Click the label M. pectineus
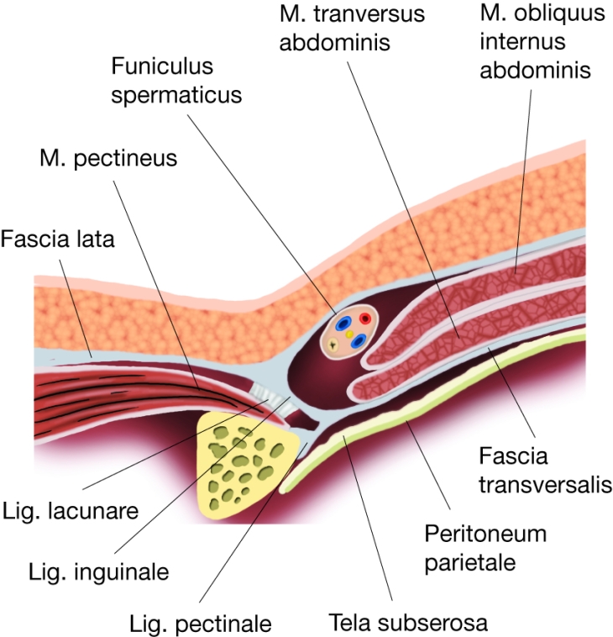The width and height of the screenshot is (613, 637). click(x=108, y=157)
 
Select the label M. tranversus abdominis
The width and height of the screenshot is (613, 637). click(x=352, y=28)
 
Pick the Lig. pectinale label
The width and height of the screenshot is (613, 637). click(x=201, y=624)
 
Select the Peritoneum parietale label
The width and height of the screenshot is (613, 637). click(x=485, y=546)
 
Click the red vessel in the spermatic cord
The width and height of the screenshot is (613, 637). click(x=365, y=318)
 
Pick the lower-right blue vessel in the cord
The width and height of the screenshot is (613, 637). click(x=359, y=341)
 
